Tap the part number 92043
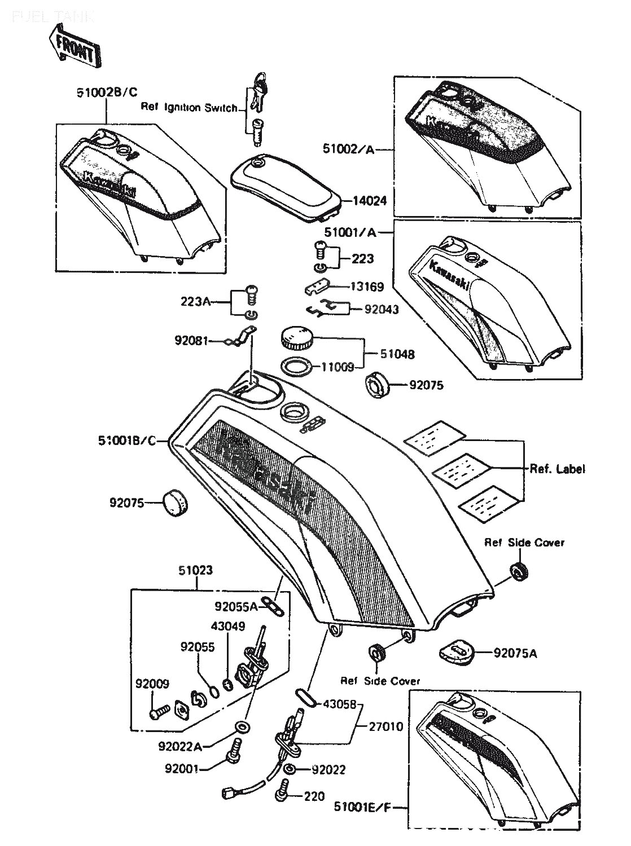[x=382, y=309]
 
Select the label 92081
[x=191, y=340]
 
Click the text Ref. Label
[x=556, y=469]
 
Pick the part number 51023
[x=196, y=570]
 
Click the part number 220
[x=314, y=796]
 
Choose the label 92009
[x=152, y=685]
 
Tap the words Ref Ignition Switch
[x=189, y=108]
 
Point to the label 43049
[x=227, y=626]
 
